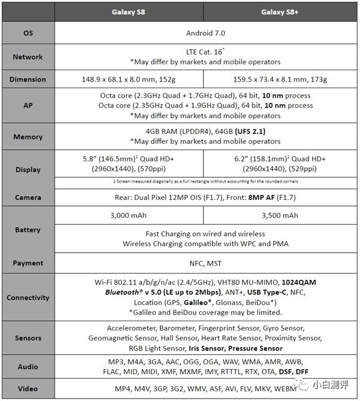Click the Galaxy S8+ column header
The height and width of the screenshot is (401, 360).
[280, 12]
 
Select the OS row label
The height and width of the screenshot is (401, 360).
[28, 34]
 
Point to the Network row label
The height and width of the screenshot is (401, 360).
[28, 57]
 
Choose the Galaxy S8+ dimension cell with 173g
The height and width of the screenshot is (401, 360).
[280, 79]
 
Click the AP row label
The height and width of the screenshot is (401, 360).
[28, 105]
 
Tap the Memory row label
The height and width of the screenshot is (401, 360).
[28, 137]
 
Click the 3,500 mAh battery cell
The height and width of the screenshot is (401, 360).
[280, 216]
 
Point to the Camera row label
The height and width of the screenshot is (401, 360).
[28, 197]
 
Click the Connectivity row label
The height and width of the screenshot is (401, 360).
[28, 297]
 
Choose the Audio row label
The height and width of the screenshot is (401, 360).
[28, 367]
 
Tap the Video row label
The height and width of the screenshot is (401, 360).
[28, 388]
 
